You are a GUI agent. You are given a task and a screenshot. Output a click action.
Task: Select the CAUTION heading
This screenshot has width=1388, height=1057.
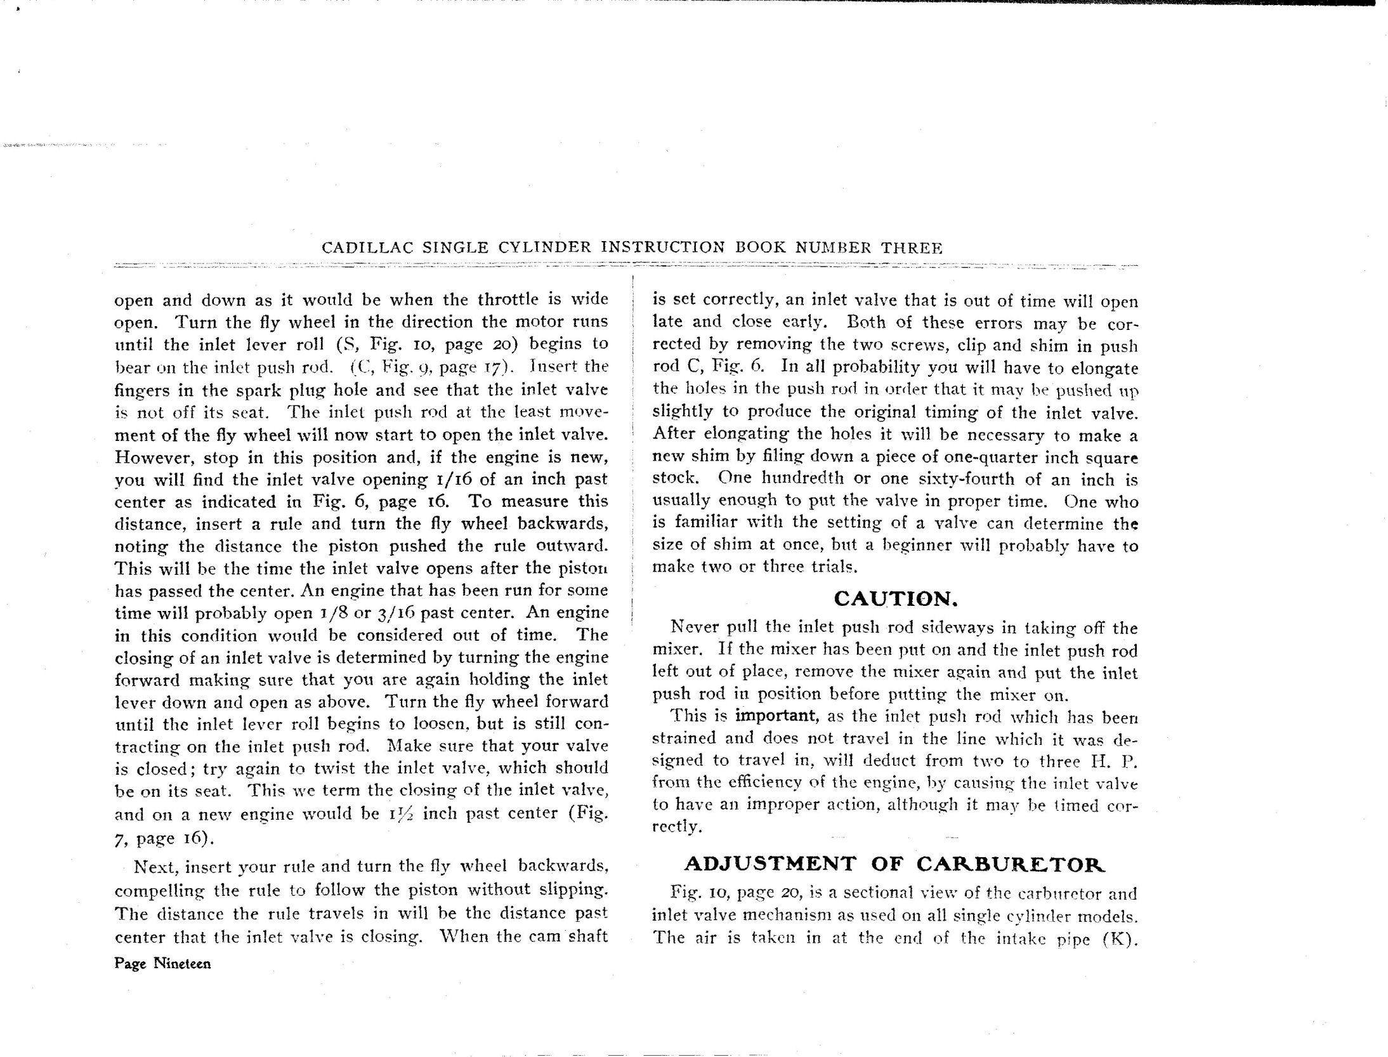click(895, 598)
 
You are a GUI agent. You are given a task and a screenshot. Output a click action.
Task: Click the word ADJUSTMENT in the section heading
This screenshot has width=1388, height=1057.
click(770, 863)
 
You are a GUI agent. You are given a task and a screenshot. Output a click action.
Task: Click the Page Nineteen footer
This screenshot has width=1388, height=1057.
click(162, 964)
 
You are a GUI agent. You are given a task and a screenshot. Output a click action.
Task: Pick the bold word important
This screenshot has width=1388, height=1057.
click(775, 716)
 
